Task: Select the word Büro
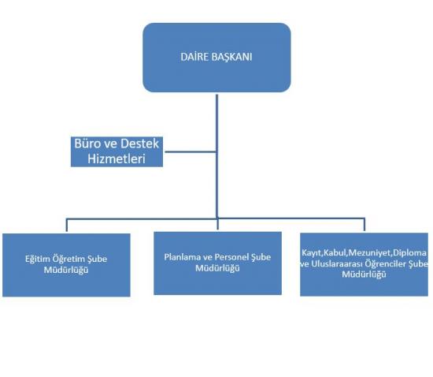click(x=86, y=144)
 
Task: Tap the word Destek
click(x=139, y=144)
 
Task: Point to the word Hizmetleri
click(x=117, y=159)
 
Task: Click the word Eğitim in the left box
click(x=38, y=259)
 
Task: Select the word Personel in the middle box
click(x=231, y=257)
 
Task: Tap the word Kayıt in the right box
click(x=312, y=253)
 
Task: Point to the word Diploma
click(x=410, y=253)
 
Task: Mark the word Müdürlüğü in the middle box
click(x=217, y=268)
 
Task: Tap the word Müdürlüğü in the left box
click(x=66, y=270)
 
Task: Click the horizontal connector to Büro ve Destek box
click(x=191, y=151)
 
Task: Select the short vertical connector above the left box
click(x=67, y=225)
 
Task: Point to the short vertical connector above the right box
click(x=365, y=225)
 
